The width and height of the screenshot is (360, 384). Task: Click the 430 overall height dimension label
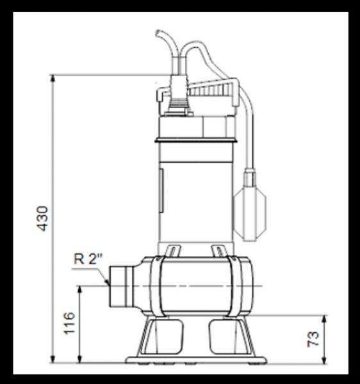[x=42, y=218]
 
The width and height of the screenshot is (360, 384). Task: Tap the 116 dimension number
[x=70, y=325]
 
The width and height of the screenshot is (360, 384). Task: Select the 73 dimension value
[x=314, y=339]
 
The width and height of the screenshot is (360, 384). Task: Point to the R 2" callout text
[x=88, y=259]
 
